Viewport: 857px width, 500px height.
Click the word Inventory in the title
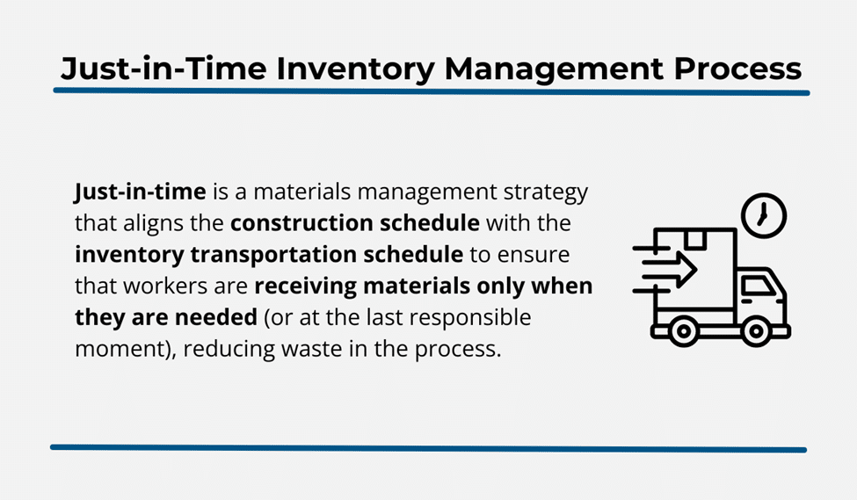(355, 69)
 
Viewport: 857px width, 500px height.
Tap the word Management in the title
(555, 70)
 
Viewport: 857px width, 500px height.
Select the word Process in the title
(737, 69)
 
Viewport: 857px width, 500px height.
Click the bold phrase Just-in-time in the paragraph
(140, 192)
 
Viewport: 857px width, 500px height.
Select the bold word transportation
(273, 255)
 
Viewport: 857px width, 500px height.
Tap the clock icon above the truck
(764, 215)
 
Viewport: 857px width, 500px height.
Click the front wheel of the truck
(757, 330)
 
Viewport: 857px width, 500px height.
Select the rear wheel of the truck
(683, 330)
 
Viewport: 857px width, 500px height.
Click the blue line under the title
(432, 91)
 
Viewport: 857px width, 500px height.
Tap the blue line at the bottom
(429, 449)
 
